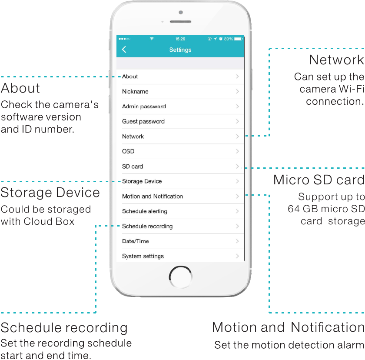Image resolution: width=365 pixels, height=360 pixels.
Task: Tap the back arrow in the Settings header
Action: (124, 50)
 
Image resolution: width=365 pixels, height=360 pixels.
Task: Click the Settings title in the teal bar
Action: (180, 50)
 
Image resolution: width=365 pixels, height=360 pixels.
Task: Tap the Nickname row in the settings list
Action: (135, 91)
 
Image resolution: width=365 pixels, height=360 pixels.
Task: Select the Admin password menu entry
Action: (144, 107)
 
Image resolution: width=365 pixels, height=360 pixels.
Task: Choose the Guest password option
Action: (143, 121)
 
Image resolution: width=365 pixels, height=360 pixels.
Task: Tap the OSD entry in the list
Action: (128, 151)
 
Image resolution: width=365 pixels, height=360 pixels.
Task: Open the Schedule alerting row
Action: (145, 211)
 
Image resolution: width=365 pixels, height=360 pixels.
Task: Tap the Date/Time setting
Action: (135, 241)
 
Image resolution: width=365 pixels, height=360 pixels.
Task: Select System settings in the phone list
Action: (143, 256)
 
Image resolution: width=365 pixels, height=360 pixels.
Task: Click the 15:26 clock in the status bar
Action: (180, 39)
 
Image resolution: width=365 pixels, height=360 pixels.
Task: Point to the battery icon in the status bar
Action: (238, 39)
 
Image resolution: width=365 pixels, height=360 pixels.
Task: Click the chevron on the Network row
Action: (238, 137)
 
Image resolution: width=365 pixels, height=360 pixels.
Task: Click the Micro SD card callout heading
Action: (319, 180)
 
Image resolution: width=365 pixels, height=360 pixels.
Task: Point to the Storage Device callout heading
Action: (50, 193)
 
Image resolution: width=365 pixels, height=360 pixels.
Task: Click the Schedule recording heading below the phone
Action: (64, 327)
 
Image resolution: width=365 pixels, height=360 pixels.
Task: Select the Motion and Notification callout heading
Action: (288, 327)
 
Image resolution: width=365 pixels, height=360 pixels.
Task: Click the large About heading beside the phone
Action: (20, 88)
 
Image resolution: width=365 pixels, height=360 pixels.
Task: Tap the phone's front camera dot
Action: (181, 12)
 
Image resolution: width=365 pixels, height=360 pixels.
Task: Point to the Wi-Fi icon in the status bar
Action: (152, 39)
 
